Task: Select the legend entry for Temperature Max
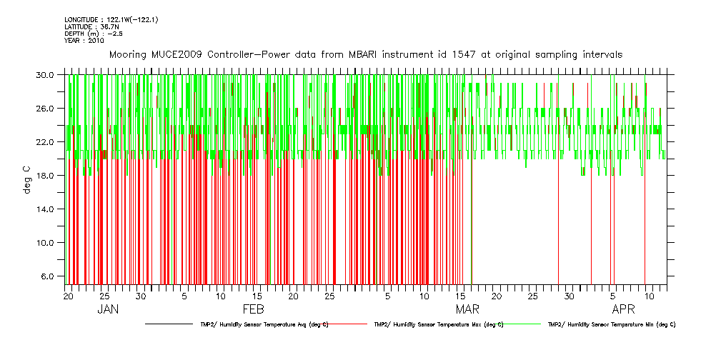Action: [x=438, y=324]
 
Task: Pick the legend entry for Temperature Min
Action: [x=611, y=324]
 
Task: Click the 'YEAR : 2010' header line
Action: [x=84, y=41]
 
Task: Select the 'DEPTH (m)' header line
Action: [x=89, y=34]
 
